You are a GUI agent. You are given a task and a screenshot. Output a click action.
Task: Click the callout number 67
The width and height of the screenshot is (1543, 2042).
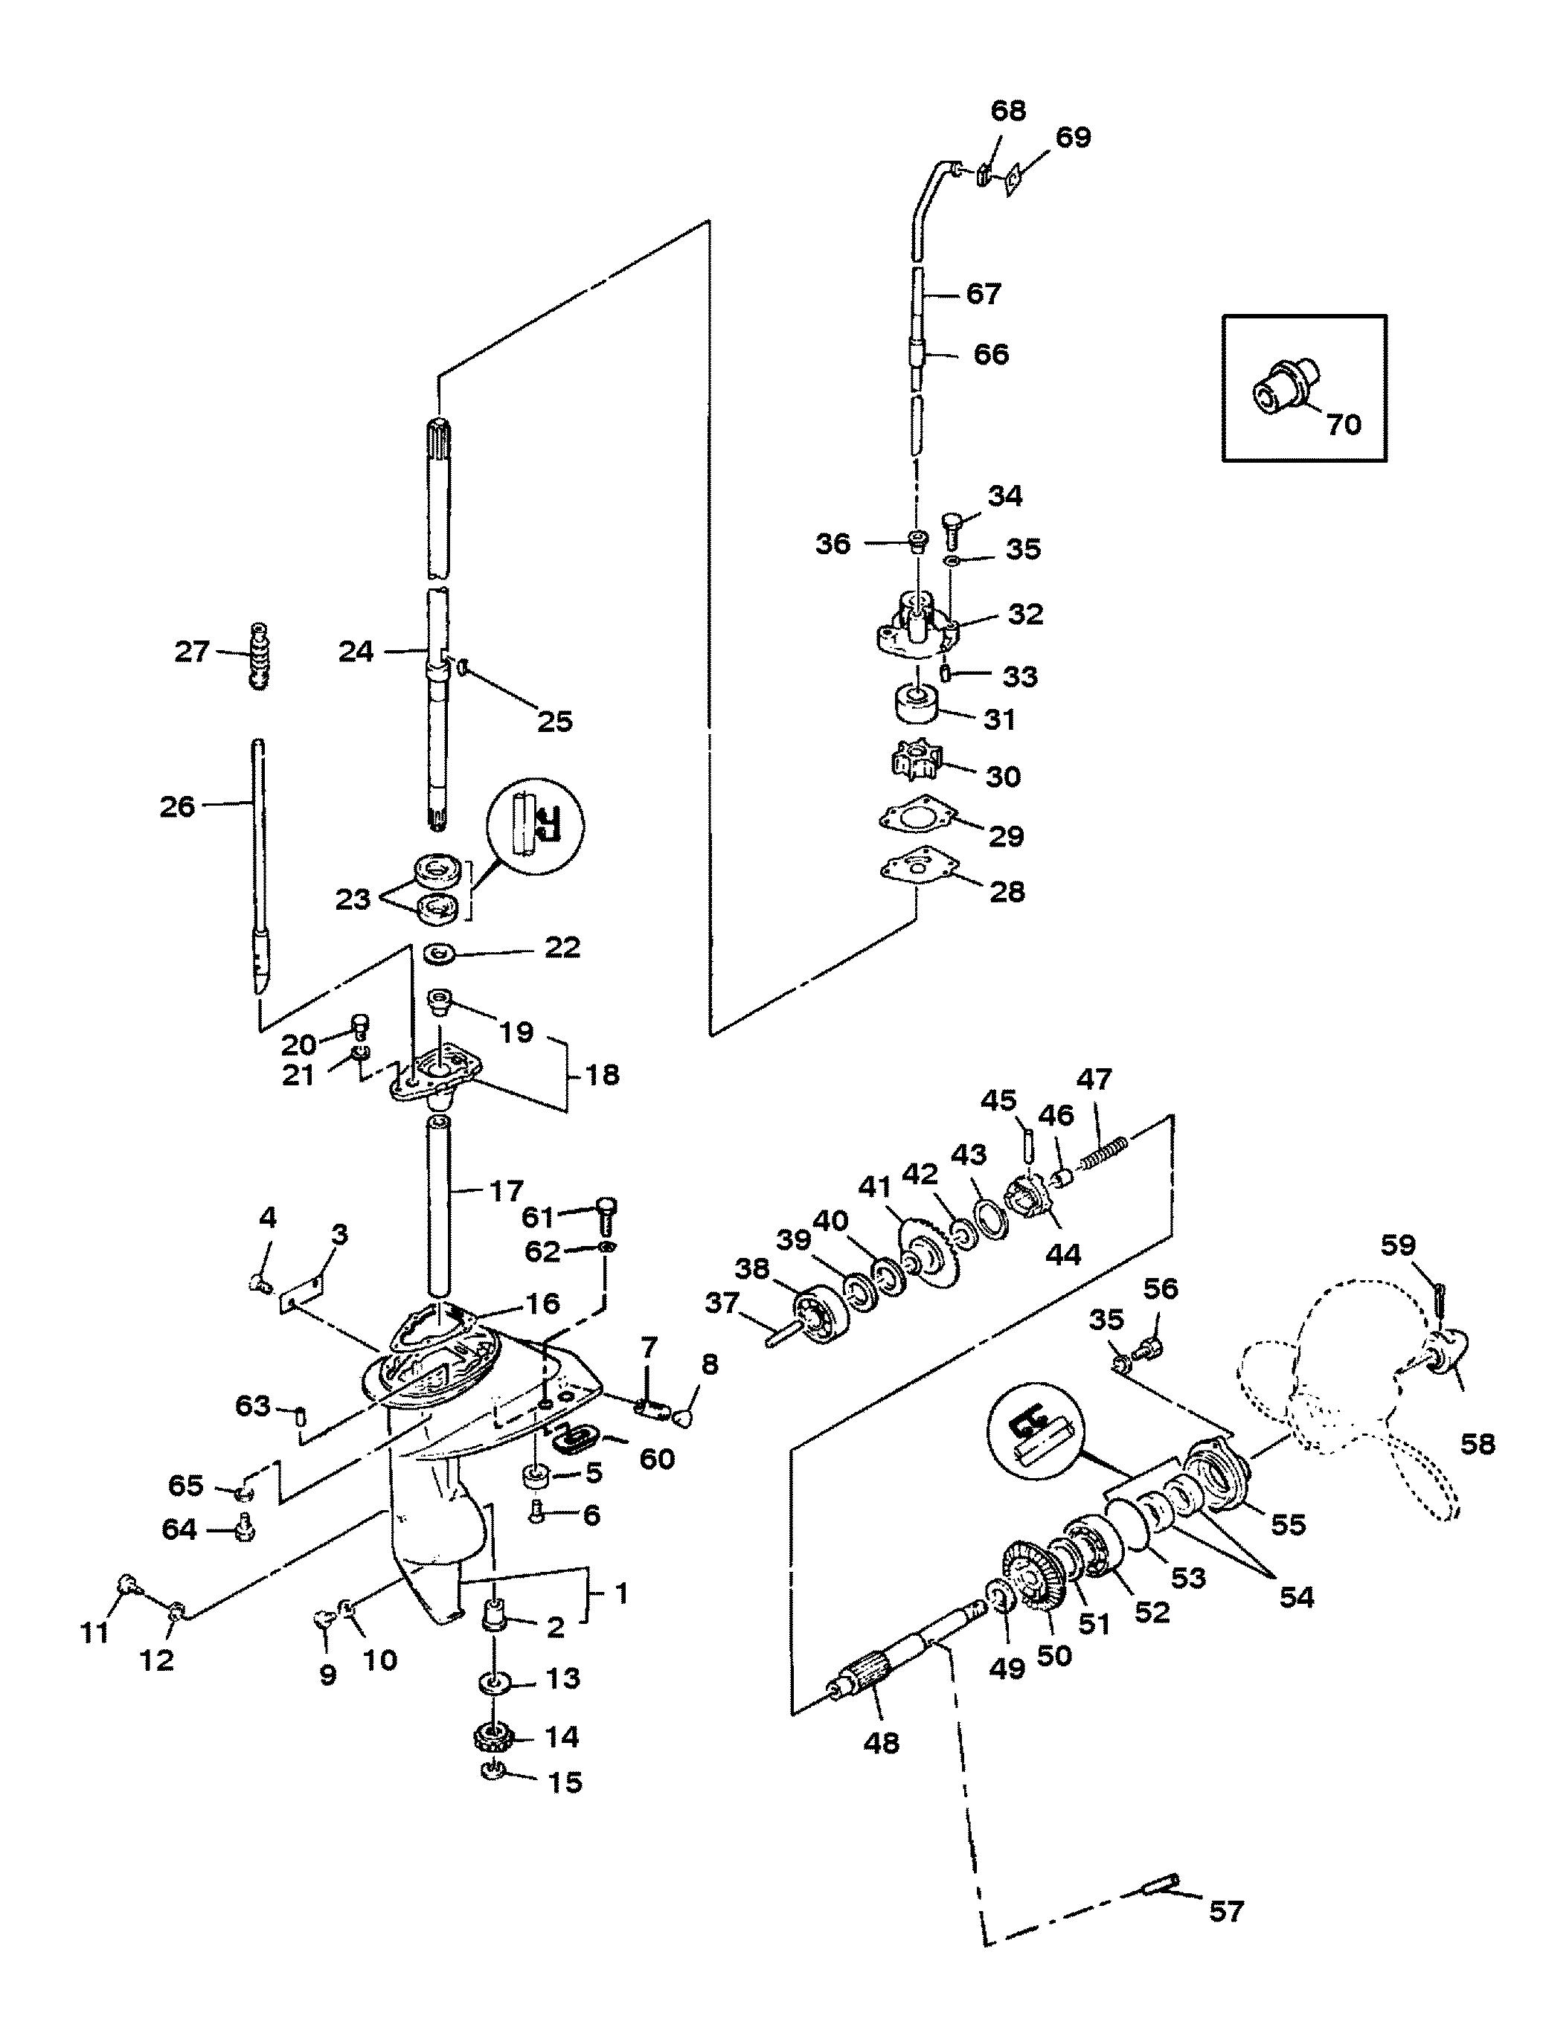pyautogui.click(x=983, y=294)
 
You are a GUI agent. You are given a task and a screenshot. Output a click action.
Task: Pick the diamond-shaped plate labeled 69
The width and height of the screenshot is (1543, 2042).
pyautogui.click(x=1014, y=177)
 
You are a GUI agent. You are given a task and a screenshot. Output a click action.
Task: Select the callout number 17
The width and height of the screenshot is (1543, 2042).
pyautogui.click(x=504, y=1191)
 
